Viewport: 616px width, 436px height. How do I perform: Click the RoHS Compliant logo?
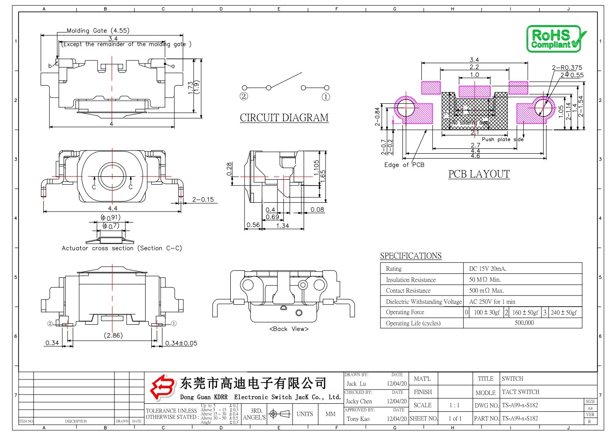556,39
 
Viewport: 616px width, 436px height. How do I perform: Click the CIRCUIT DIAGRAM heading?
284,118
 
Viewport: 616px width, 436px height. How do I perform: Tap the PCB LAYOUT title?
479,174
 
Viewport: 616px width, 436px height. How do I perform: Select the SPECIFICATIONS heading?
410,256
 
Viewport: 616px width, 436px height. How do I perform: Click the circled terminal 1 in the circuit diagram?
326,97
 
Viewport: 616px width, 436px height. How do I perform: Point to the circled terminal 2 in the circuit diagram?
244,96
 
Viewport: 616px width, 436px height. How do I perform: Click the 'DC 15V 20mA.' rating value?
488,269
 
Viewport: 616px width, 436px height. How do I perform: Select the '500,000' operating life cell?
524,323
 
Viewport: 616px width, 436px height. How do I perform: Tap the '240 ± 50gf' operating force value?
563,312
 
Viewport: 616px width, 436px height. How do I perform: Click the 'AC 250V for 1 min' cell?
492,302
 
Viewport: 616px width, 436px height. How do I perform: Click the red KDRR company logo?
162,387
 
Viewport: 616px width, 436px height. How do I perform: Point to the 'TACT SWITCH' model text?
520,392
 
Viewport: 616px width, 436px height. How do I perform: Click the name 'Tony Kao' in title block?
358,419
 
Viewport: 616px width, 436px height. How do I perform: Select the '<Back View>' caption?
289,329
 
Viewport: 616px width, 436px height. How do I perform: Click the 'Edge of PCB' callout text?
404,165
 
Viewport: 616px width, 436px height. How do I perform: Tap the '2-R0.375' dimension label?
567,68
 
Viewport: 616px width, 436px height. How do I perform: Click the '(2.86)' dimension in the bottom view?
113,335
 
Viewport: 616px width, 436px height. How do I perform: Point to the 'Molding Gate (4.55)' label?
98,30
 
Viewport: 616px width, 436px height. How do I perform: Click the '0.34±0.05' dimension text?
181,343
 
